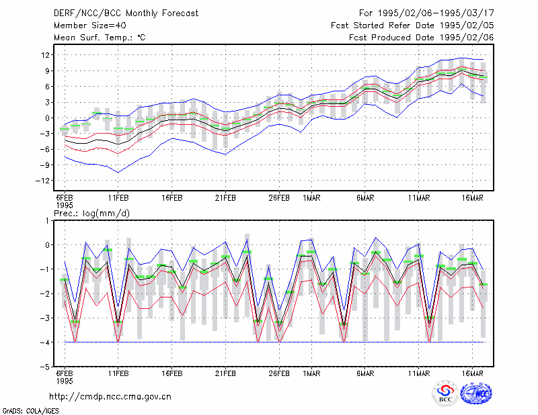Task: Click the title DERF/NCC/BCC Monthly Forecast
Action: [x=126, y=13]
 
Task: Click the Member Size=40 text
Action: [x=90, y=26]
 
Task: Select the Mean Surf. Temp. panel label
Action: [x=100, y=38]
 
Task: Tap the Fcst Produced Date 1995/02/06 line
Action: [x=422, y=38]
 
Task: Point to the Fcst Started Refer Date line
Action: [x=412, y=26]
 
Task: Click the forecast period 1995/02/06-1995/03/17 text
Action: [x=426, y=13]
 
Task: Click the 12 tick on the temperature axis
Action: [x=46, y=55]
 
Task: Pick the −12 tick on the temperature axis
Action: [x=43, y=181]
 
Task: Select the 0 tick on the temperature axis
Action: [x=48, y=118]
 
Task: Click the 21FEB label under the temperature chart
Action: [x=225, y=198]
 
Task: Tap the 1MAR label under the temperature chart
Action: [x=311, y=198]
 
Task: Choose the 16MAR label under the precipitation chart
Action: [x=473, y=373]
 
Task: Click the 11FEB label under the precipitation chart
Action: [x=118, y=373]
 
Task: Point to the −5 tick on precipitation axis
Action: [x=45, y=367]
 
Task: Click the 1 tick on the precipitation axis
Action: [x=47, y=221]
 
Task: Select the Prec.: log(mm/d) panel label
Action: [x=92, y=214]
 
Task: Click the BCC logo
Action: [x=445, y=394]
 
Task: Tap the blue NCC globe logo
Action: [x=476, y=394]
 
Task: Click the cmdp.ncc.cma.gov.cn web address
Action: [x=110, y=397]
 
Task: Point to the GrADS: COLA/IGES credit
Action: [x=31, y=411]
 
